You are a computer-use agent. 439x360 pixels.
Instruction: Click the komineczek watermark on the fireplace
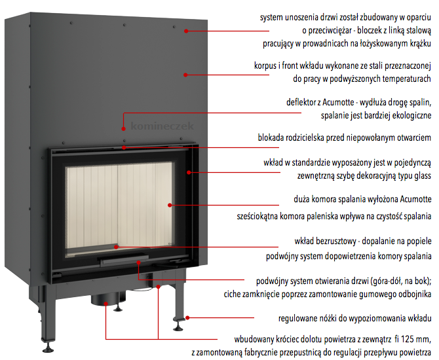162,126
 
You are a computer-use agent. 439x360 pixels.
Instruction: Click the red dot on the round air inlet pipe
106,304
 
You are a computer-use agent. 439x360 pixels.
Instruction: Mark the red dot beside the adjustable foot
187,317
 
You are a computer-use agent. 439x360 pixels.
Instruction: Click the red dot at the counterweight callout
186,31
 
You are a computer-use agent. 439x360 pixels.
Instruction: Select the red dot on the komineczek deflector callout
123,129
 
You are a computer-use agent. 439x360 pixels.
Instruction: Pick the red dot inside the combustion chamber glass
170,205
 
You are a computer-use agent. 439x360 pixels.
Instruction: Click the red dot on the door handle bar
139,262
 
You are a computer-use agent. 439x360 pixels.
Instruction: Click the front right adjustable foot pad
178,329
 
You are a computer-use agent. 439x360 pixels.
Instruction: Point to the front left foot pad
48,350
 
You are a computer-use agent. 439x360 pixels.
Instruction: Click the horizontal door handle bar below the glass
123,260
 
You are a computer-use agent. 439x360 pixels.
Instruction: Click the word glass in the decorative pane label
423,175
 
